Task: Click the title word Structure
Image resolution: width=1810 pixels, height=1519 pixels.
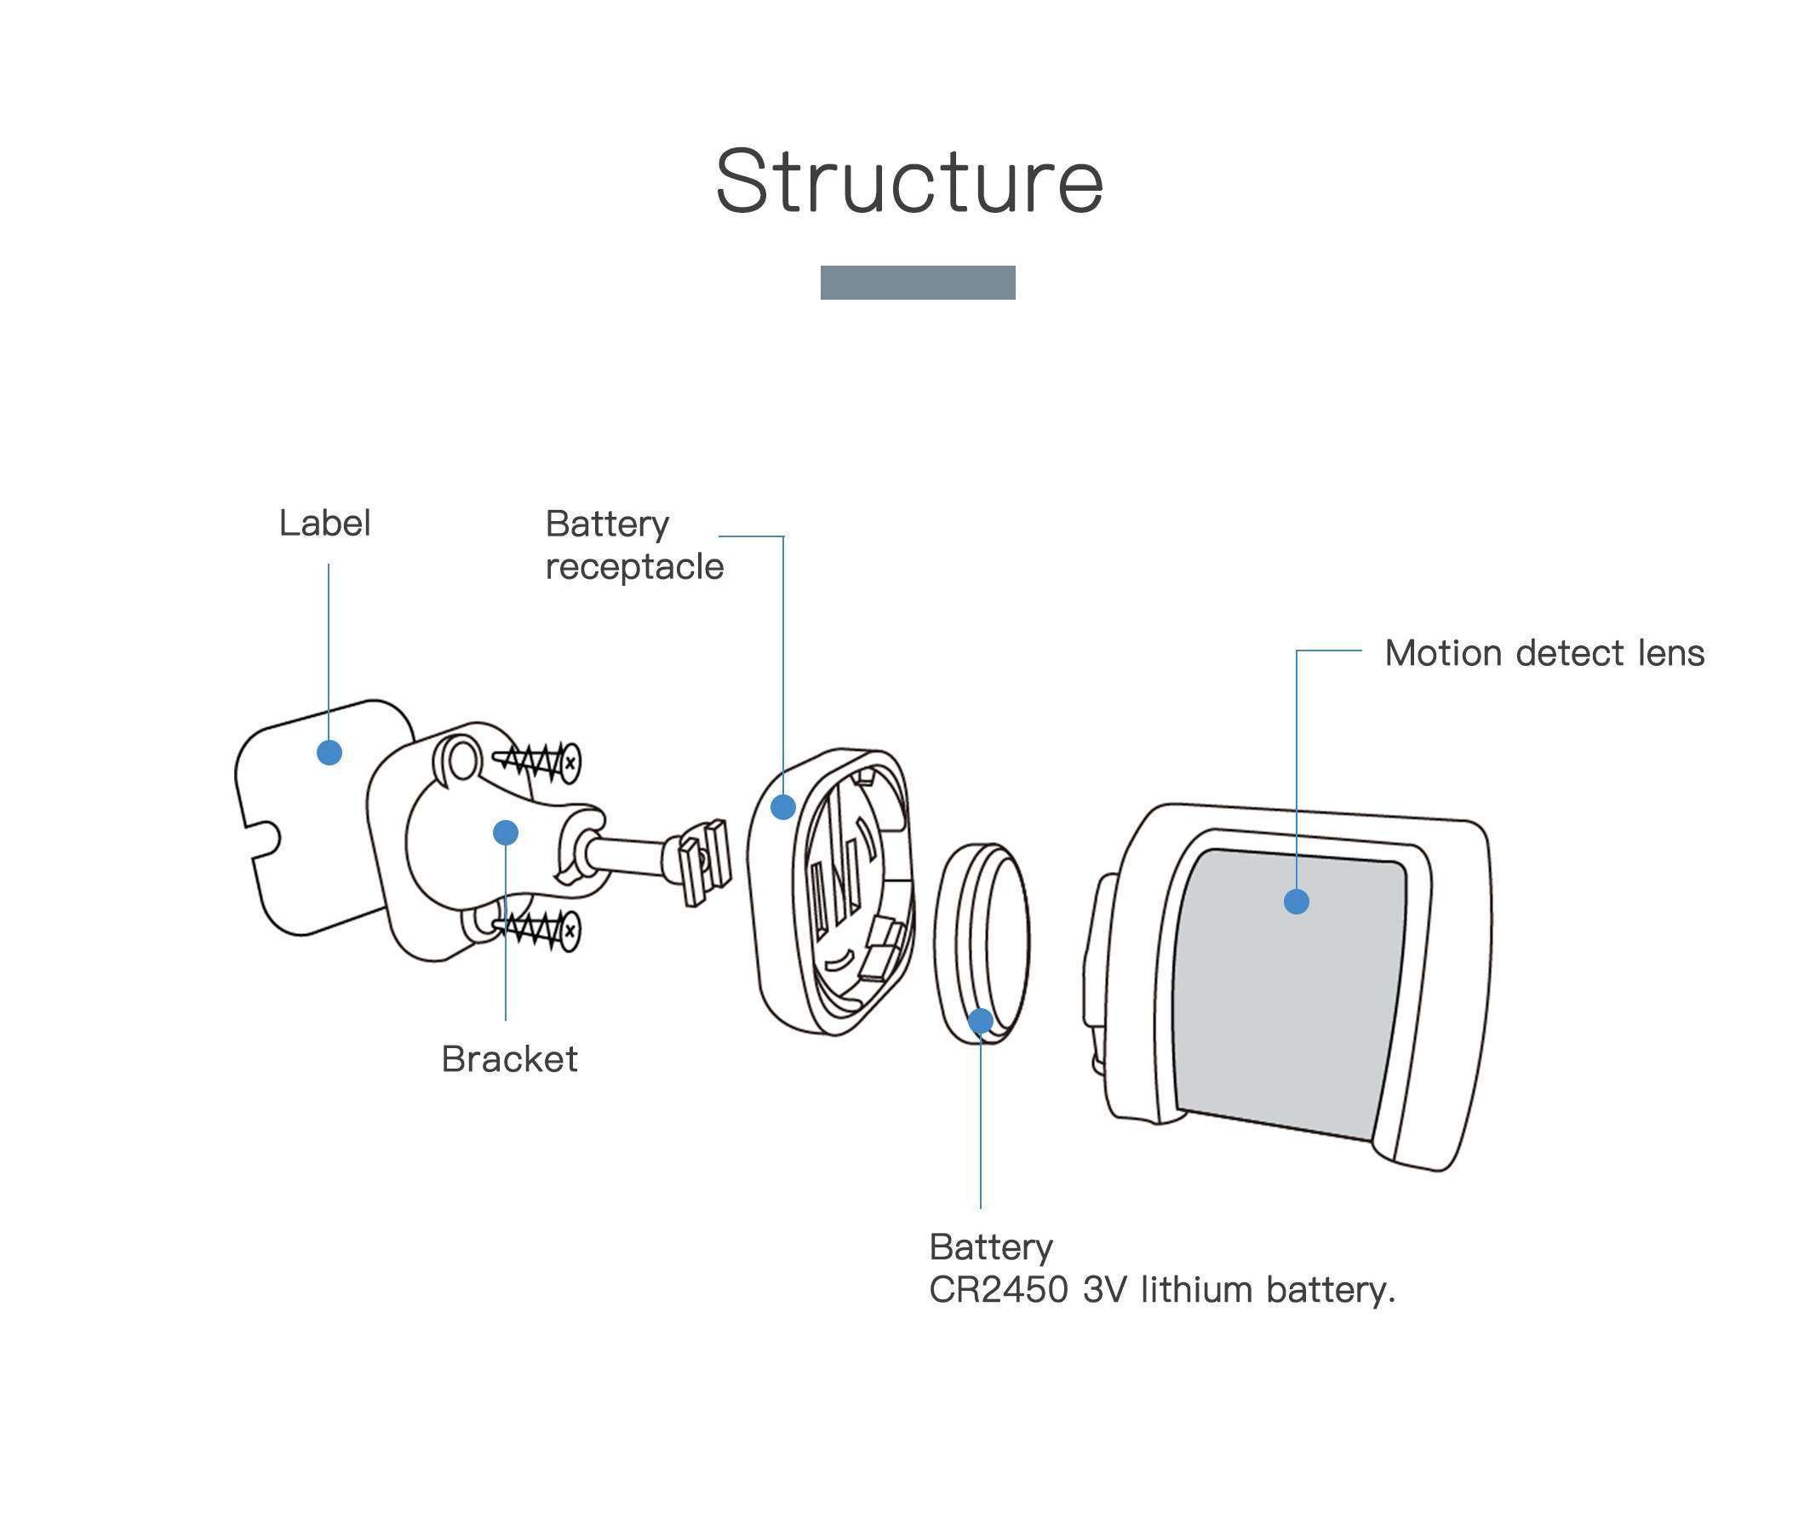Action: [909, 182]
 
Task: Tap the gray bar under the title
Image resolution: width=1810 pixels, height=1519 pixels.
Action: [918, 283]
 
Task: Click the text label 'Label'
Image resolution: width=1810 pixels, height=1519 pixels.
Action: [325, 523]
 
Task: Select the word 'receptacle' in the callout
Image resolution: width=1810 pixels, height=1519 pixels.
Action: [634, 567]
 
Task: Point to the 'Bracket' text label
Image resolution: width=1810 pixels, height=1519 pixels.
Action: [509, 1058]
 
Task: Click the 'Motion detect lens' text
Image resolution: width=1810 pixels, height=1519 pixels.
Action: [1544, 652]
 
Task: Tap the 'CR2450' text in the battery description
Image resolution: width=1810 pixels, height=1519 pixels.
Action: [998, 1290]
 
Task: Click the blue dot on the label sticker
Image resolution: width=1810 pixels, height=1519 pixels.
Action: [329, 753]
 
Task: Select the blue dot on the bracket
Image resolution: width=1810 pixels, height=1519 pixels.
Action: [506, 832]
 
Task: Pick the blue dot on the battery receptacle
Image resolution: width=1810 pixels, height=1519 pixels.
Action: [782, 807]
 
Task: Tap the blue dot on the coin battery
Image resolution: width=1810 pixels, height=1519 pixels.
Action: [981, 1022]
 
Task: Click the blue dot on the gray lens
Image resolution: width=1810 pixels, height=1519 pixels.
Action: [1297, 902]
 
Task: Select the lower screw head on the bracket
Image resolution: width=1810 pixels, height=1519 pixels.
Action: [569, 931]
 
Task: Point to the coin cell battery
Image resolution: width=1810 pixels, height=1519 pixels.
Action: [982, 943]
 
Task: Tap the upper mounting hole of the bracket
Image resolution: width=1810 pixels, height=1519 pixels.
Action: [463, 761]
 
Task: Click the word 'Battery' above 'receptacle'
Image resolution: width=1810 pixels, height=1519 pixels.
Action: [607, 525]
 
